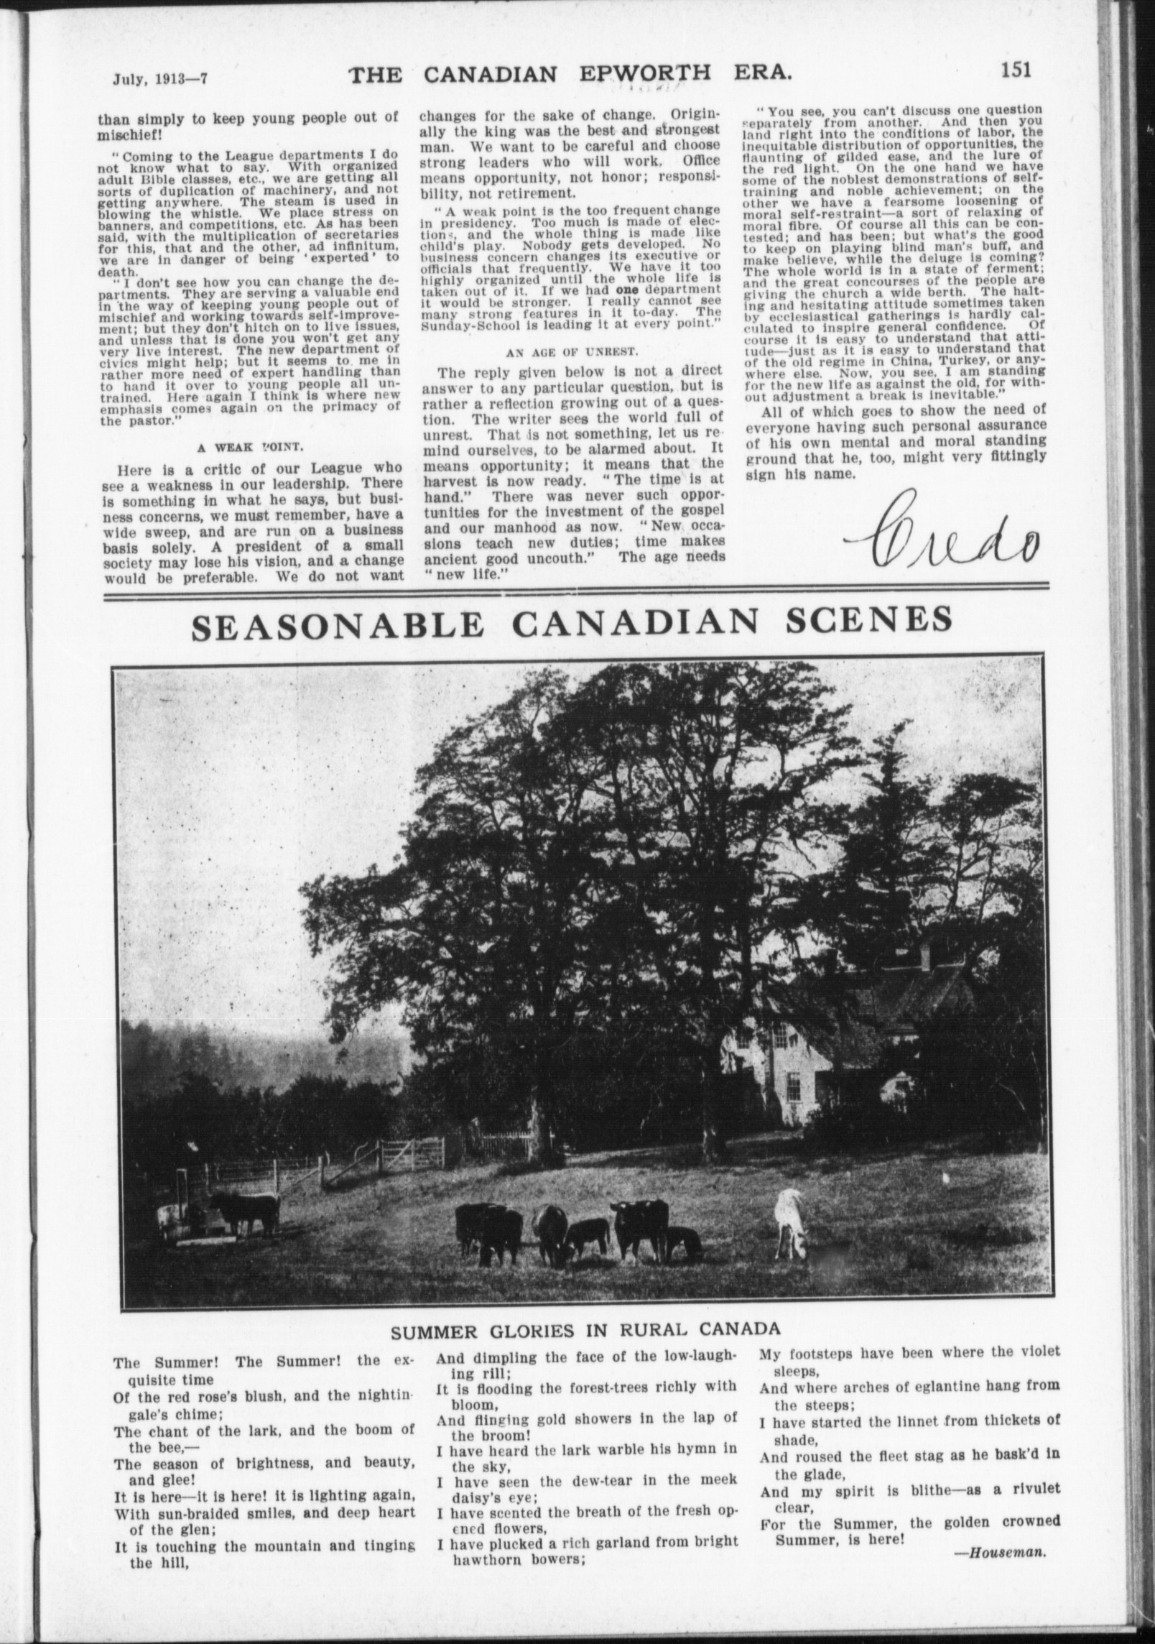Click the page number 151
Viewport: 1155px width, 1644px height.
click(1013, 70)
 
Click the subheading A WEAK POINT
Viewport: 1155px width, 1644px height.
click(249, 445)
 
